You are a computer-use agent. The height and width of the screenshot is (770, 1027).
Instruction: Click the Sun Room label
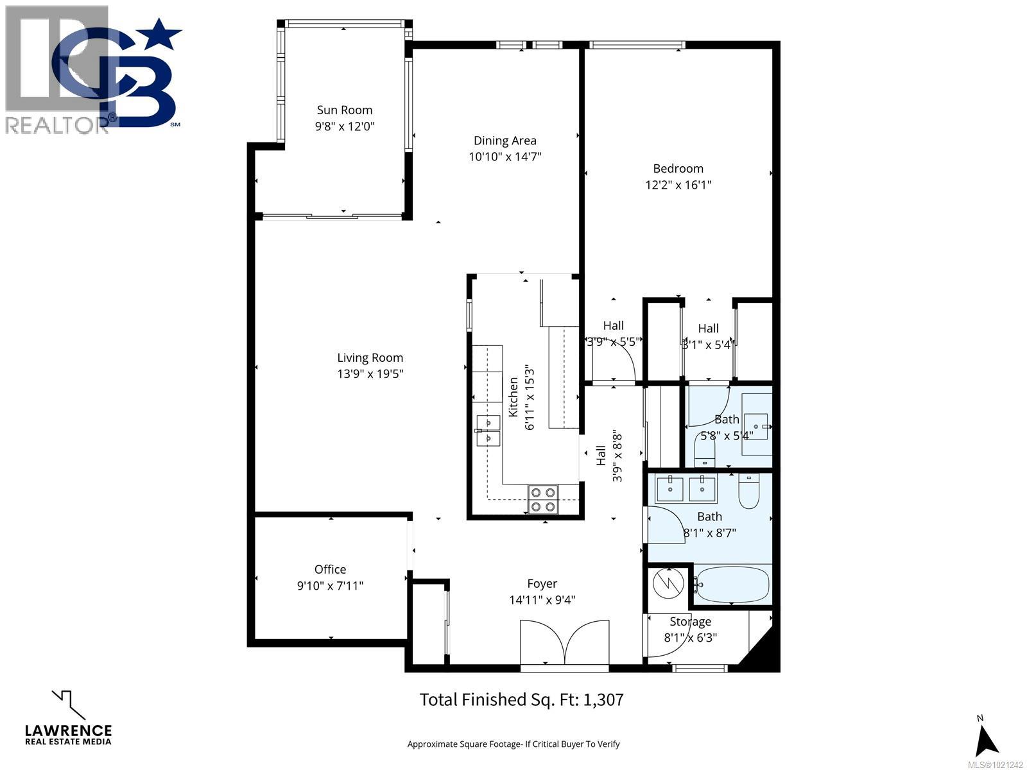[345, 110]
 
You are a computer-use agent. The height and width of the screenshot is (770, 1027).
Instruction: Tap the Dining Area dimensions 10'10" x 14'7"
[505, 157]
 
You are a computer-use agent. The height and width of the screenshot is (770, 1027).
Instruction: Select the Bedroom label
[678, 168]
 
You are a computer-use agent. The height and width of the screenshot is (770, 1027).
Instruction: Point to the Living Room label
[370, 358]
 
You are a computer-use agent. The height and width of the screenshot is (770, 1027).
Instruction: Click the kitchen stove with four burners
[543, 500]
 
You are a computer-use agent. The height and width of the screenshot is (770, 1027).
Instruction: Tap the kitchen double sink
[488, 431]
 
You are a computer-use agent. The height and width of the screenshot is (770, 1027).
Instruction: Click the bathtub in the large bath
[732, 585]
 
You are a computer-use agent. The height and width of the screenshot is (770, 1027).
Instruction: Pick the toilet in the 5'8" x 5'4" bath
[705, 452]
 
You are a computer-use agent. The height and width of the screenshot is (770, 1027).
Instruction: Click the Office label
[330, 569]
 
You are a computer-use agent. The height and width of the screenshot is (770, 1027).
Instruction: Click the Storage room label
[690, 621]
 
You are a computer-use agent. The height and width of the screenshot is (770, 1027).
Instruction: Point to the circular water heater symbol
[667, 583]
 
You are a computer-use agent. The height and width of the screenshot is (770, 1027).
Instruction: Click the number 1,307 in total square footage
[603, 699]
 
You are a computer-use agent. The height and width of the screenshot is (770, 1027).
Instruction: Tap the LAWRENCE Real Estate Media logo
[67, 719]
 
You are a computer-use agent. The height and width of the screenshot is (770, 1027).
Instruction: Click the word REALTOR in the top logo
[56, 123]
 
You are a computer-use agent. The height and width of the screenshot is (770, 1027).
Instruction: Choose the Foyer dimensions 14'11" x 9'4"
[542, 601]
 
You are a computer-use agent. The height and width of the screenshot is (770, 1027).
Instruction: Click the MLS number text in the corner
[995, 765]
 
